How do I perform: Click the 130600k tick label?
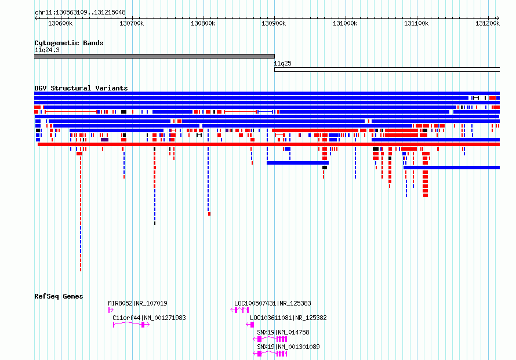(60, 23)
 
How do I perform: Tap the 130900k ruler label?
(274, 23)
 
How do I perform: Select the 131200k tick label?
(488, 23)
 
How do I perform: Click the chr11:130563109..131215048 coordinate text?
(80, 12)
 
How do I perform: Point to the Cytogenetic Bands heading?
(69, 43)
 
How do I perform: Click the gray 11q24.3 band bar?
(154, 56)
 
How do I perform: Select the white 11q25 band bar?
(387, 70)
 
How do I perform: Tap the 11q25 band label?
(283, 63)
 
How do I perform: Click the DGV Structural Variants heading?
(81, 88)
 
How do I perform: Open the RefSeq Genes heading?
(59, 296)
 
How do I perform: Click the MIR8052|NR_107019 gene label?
(137, 303)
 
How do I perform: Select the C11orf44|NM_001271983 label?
(149, 318)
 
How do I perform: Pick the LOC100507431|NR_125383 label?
(272, 303)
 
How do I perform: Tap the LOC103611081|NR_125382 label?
(288, 318)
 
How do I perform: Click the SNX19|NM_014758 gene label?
(283, 332)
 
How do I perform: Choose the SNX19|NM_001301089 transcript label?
(288, 347)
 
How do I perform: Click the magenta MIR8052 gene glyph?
(111, 310)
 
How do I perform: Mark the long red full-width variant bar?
(268, 144)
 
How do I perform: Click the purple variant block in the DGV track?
(104, 140)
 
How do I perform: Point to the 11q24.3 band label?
(47, 50)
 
